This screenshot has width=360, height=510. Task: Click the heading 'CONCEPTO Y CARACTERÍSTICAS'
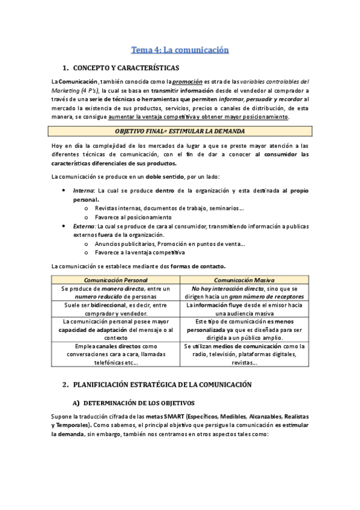pos(126,69)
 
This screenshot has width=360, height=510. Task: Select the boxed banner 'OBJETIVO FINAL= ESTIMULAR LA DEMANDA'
pos(180,131)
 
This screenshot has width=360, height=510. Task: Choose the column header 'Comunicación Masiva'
pos(243,280)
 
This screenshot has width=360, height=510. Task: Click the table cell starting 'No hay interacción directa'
pos(243,293)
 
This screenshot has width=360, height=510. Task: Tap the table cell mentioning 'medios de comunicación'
pos(243,355)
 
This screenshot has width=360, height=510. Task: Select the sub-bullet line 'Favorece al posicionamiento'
pos(133,217)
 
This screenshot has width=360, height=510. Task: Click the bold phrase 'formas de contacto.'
pos(198,266)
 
